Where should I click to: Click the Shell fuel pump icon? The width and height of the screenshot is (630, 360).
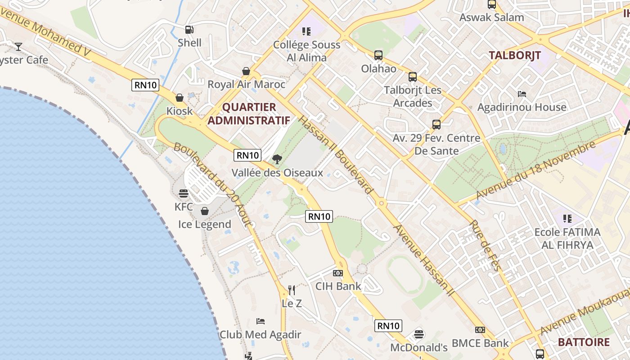(189, 30)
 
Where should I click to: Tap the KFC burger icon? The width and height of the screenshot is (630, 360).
(184, 193)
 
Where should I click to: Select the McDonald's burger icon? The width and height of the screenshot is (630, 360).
(419, 334)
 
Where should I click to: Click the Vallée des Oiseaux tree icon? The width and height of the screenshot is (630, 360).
(277, 159)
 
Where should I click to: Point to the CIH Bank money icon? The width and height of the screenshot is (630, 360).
(338, 273)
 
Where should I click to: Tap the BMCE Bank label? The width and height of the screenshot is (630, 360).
(480, 343)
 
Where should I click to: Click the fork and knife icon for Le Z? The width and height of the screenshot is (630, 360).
(292, 290)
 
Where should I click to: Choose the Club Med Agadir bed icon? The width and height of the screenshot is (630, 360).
(261, 321)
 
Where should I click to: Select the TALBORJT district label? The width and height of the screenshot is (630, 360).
(515, 55)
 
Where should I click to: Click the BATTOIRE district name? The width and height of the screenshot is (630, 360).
(584, 342)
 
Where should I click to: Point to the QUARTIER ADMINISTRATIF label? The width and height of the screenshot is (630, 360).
(248, 114)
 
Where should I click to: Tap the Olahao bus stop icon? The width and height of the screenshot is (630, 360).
(378, 55)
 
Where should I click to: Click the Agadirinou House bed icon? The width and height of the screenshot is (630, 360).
(522, 94)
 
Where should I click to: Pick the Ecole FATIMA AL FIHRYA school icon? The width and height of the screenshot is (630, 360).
(567, 219)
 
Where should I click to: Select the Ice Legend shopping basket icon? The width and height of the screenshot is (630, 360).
(205, 211)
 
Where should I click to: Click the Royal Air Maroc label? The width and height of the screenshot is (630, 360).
(246, 84)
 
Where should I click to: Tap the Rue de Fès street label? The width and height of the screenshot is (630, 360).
(486, 246)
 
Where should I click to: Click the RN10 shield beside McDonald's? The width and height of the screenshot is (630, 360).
(388, 326)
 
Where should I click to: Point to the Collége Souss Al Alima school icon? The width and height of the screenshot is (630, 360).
(306, 31)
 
